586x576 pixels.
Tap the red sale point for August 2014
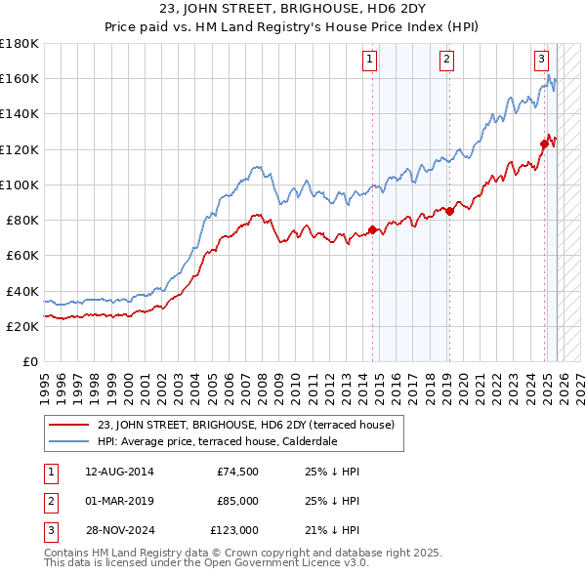[373, 230]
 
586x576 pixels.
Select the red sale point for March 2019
[449, 211]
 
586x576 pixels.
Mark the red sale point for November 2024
[544, 144]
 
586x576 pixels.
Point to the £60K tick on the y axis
[21, 255]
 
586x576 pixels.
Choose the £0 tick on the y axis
[29, 361]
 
